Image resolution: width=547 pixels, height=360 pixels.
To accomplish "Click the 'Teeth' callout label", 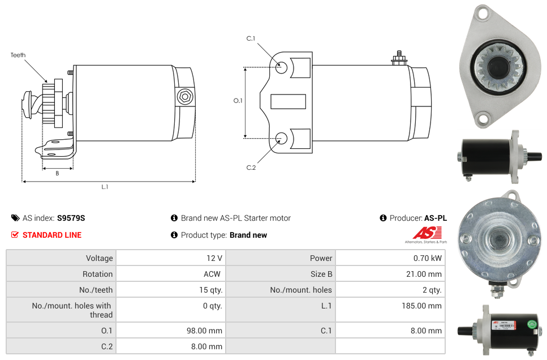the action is tap(18, 55).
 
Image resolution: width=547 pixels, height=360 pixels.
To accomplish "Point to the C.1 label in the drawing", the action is tap(251, 38).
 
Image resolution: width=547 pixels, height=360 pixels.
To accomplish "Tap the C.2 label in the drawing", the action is tap(251, 168).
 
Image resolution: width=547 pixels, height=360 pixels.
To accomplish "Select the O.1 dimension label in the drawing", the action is tap(238, 101).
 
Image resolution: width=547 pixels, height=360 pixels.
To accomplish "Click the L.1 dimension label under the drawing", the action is tap(105, 187).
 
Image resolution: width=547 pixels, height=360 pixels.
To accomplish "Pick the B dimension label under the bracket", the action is tap(58, 173).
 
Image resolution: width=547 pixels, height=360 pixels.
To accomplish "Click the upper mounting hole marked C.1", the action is tap(281, 67).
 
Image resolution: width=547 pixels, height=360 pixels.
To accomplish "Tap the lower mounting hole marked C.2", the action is tap(281, 138).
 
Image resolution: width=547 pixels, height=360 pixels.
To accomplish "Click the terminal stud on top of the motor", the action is tap(399, 58).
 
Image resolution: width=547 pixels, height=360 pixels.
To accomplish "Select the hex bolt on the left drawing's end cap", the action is tap(184, 97).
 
